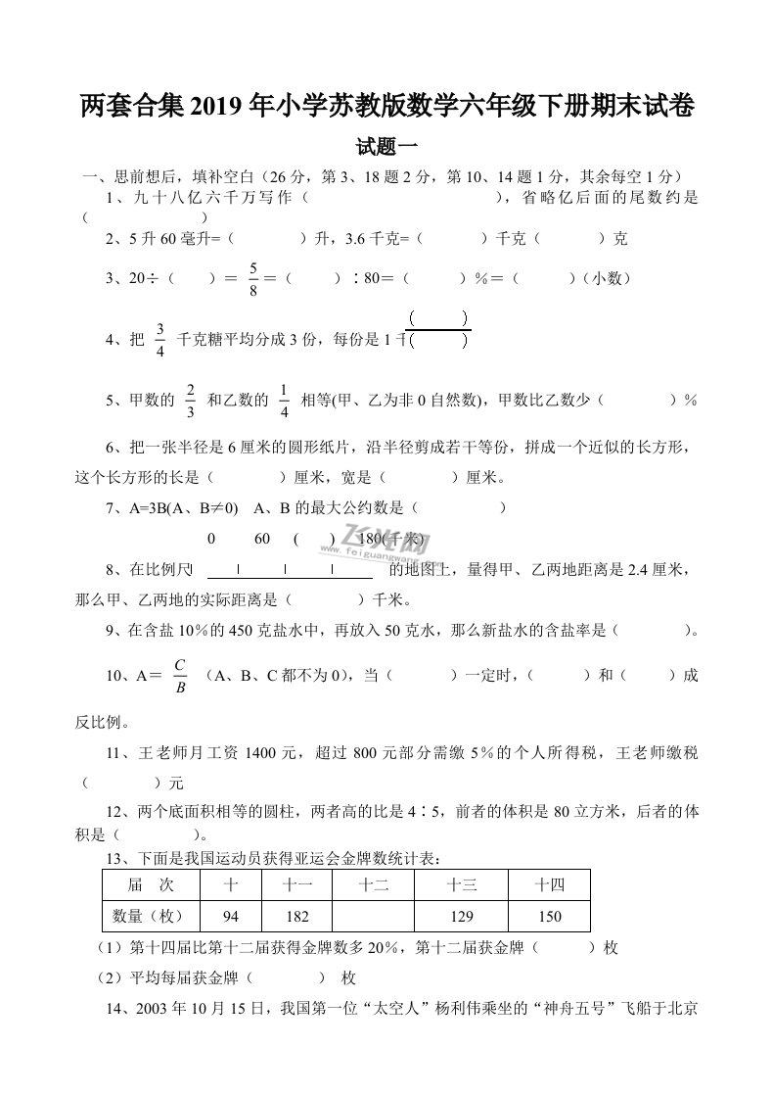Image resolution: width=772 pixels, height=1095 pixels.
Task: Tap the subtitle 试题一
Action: coord(387,147)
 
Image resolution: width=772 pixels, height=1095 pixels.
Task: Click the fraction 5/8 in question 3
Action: coord(252,279)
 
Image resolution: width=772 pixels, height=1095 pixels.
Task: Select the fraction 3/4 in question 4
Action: coord(160,339)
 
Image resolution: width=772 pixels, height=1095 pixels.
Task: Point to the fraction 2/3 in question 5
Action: coord(190,401)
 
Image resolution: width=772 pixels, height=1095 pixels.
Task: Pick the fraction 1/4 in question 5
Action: coord(284,401)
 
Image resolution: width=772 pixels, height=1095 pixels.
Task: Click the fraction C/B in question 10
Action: coord(180,676)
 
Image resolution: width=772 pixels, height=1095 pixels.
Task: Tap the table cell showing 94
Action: coord(231,916)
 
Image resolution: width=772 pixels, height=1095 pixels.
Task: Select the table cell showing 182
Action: coord(296,916)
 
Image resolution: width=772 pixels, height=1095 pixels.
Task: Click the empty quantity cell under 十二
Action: coord(373,916)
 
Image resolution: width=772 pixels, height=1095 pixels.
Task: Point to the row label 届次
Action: coord(151,885)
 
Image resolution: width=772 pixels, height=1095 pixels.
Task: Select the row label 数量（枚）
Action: coord(151,916)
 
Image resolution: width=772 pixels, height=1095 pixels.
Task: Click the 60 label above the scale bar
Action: coord(262,540)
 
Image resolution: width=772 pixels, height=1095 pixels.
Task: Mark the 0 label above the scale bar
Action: coord(211,540)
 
